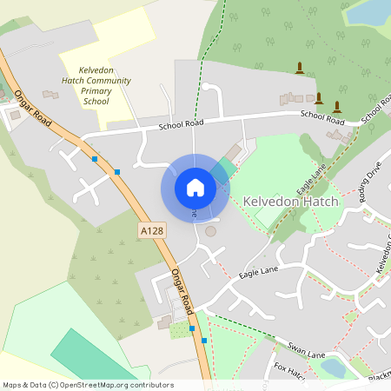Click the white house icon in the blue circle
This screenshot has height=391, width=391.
pos(195,187)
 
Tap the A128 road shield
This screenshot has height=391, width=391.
pos(151,230)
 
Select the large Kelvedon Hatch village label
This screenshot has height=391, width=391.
pos(290,201)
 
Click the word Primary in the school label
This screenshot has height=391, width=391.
pos(96,90)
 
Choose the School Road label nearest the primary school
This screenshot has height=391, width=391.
pos(182,126)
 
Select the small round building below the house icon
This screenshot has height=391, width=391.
pos(210,232)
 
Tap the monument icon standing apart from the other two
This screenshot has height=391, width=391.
pos(301,68)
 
